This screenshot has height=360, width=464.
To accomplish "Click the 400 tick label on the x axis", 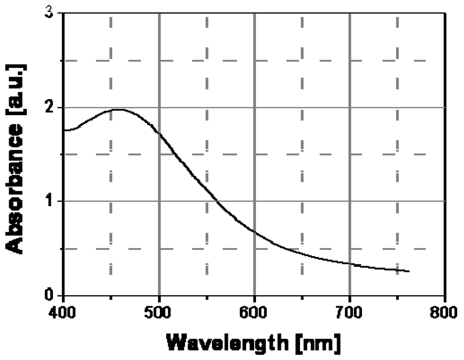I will (x=63, y=313).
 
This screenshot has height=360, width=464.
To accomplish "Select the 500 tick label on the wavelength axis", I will (x=159, y=313).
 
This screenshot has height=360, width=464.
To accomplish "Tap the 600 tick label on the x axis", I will (x=254, y=313).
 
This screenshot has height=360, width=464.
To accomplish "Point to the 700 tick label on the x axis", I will (x=349, y=313).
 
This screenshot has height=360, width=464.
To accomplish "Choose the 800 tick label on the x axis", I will (x=445, y=313).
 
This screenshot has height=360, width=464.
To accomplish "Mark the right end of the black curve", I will (x=409, y=272).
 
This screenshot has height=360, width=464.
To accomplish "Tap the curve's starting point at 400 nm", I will (x=64, y=130).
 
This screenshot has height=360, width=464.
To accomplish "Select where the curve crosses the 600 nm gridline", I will (x=254, y=232).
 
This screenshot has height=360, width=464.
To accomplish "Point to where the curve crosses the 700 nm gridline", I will (x=349, y=263).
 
